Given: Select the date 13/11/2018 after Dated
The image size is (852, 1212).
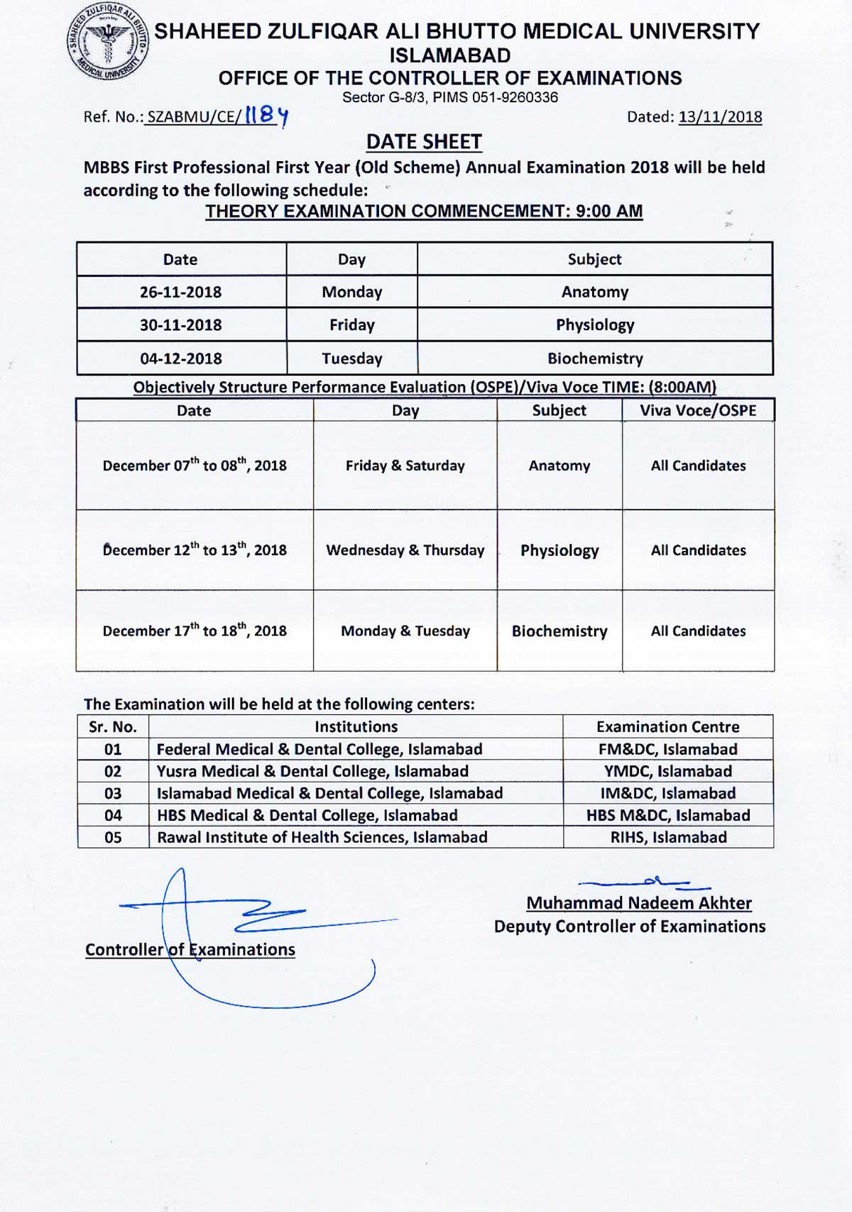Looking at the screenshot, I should pyautogui.click(x=720, y=117).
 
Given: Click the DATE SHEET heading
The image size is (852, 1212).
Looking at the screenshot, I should pyautogui.click(x=424, y=142).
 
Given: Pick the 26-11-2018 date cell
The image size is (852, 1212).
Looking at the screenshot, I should pyautogui.click(x=180, y=292).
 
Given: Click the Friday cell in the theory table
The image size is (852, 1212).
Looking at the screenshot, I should pyautogui.click(x=351, y=325).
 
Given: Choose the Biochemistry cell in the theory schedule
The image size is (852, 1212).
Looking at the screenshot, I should pyautogui.click(x=595, y=359).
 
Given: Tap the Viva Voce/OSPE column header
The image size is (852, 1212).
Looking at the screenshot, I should pyautogui.click(x=698, y=410).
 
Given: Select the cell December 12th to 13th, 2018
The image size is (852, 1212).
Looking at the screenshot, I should pyautogui.click(x=195, y=550).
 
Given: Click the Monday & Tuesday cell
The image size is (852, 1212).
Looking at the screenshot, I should pyautogui.click(x=405, y=631).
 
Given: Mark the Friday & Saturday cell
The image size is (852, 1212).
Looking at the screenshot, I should pyautogui.click(x=405, y=466).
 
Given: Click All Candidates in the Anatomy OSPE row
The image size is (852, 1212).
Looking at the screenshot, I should pyautogui.click(x=698, y=466).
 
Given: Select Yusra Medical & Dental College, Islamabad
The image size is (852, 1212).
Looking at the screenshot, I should pyautogui.click(x=312, y=771).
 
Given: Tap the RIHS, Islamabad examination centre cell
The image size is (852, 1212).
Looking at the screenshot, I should pyautogui.click(x=668, y=837).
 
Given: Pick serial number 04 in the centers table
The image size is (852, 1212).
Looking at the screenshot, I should pyautogui.click(x=113, y=815).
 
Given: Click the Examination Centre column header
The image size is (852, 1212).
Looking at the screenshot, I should pyautogui.click(x=667, y=726).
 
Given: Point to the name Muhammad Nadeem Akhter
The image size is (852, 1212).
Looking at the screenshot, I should pyautogui.click(x=638, y=903).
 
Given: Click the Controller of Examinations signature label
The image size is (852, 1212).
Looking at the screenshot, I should pyautogui.click(x=190, y=950).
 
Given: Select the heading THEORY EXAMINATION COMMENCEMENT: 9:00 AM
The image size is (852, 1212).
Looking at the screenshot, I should pyautogui.click(x=424, y=212).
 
